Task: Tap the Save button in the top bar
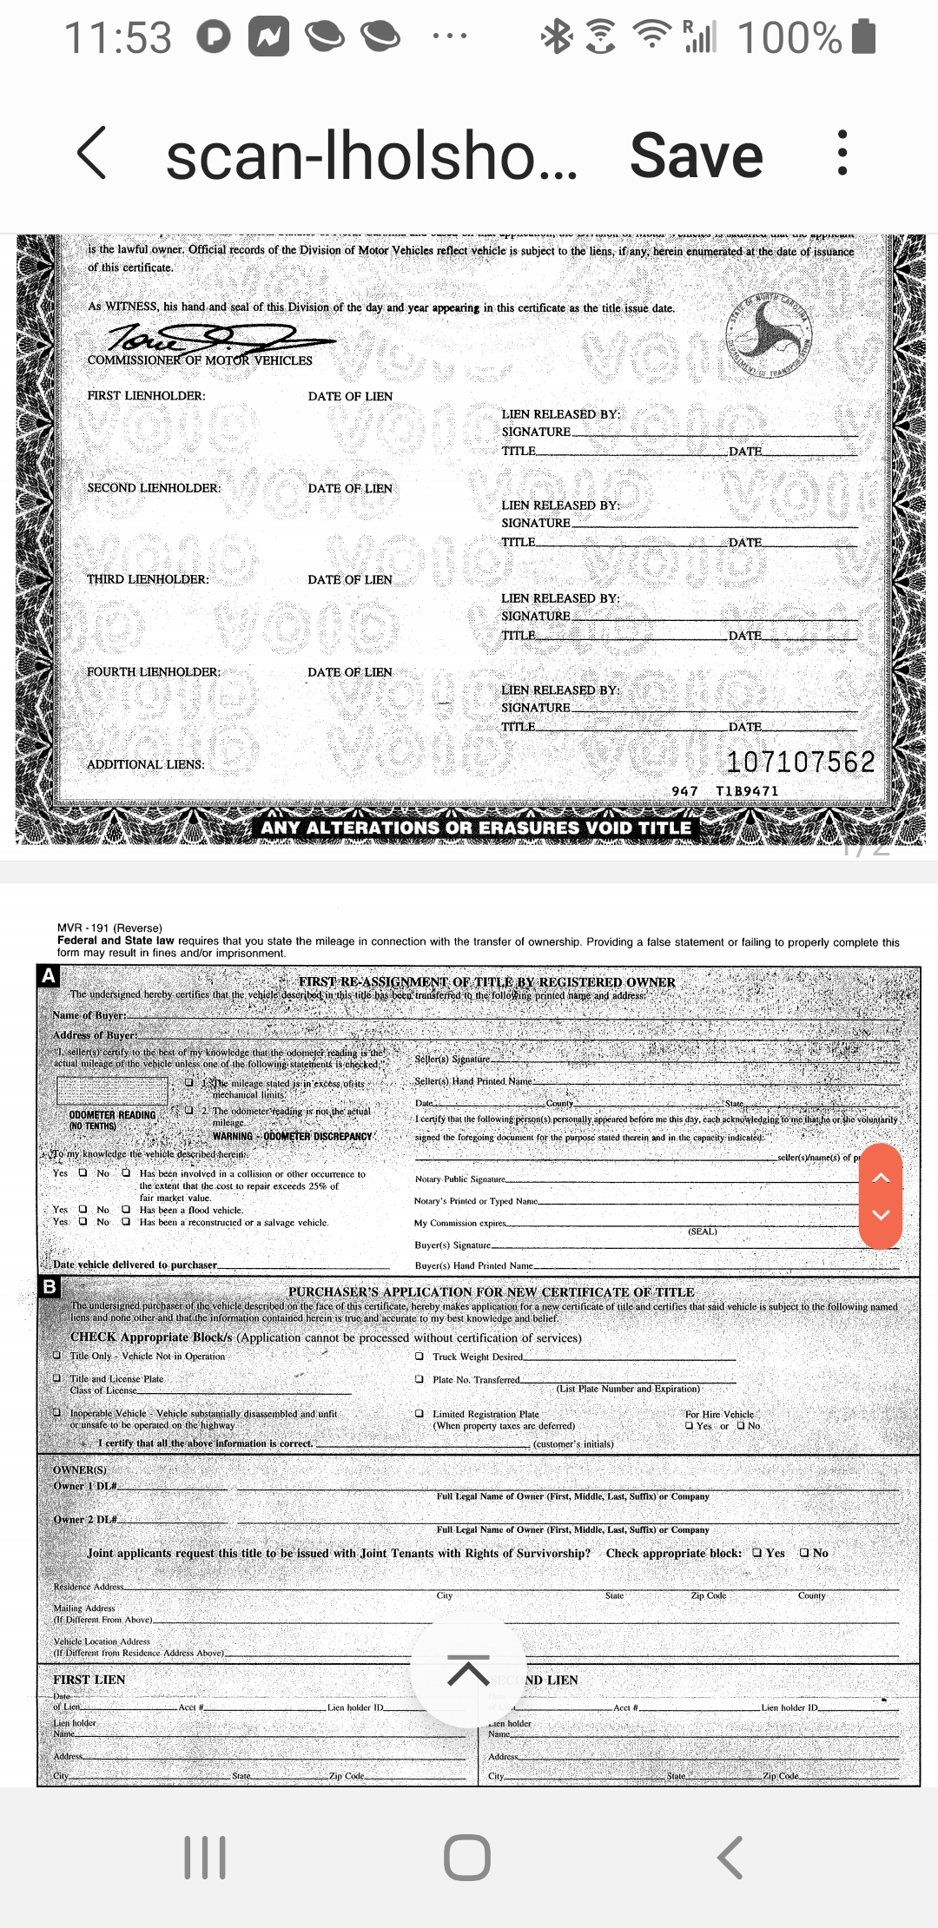point(696,156)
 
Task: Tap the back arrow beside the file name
point(93,154)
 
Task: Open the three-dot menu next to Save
point(842,154)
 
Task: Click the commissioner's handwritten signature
point(208,337)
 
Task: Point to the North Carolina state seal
point(770,334)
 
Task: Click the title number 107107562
point(800,762)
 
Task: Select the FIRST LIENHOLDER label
point(146,396)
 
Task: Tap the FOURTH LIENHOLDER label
point(153,672)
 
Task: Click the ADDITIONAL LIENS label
point(145,764)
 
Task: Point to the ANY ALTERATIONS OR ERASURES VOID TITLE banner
point(476,828)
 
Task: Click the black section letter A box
point(49,975)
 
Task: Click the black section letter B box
point(50,1286)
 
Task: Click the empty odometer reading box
point(112,1091)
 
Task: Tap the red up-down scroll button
point(881,1196)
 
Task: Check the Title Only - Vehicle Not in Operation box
point(57,1355)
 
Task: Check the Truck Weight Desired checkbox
point(419,1356)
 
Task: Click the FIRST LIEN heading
point(89,1680)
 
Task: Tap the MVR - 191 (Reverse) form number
point(109,928)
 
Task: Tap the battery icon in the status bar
point(863,37)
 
